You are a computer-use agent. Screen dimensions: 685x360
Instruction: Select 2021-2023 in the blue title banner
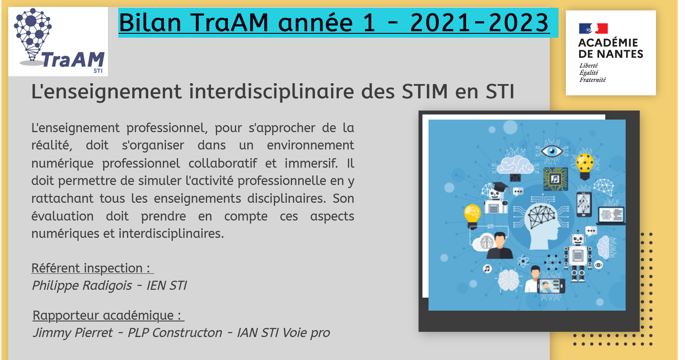pyautogui.click(x=479, y=23)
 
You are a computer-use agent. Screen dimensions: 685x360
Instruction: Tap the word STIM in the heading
pyautogui.click(x=425, y=91)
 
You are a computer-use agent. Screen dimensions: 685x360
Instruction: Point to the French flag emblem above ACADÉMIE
pyautogui.click(x=593, y=29)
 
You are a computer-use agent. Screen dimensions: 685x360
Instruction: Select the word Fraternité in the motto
pyautogui.click(x=592, y=80)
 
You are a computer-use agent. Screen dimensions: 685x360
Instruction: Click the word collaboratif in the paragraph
pyautogui.click(x=222, y=163)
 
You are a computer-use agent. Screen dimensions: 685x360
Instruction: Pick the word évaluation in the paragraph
pyautogui.click(x=62, y=216)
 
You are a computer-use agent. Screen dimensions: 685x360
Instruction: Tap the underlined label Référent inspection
pyautogui.click(x=92, y=268)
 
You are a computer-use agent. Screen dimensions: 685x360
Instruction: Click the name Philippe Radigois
pyautogui.click(x=82, y=285)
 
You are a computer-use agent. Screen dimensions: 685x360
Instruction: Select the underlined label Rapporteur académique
pyautogui.click(x=108, y=315)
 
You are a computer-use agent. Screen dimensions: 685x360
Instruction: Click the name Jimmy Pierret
pyautogui.click(x=73, y=332)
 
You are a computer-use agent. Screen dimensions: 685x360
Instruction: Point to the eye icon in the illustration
pyautogui.click(x=552, y=151)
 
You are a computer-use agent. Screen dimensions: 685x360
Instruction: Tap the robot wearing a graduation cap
pyautogui.click(x=495, y=197)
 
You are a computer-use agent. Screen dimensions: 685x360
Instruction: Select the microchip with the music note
pyautogui.click(x=555, y=178)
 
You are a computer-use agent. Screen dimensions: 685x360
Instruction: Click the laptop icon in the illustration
pyautogui.click(x=610, y=216)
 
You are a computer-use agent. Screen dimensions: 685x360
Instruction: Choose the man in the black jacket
pyautogui.click(x=500, y=246)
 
